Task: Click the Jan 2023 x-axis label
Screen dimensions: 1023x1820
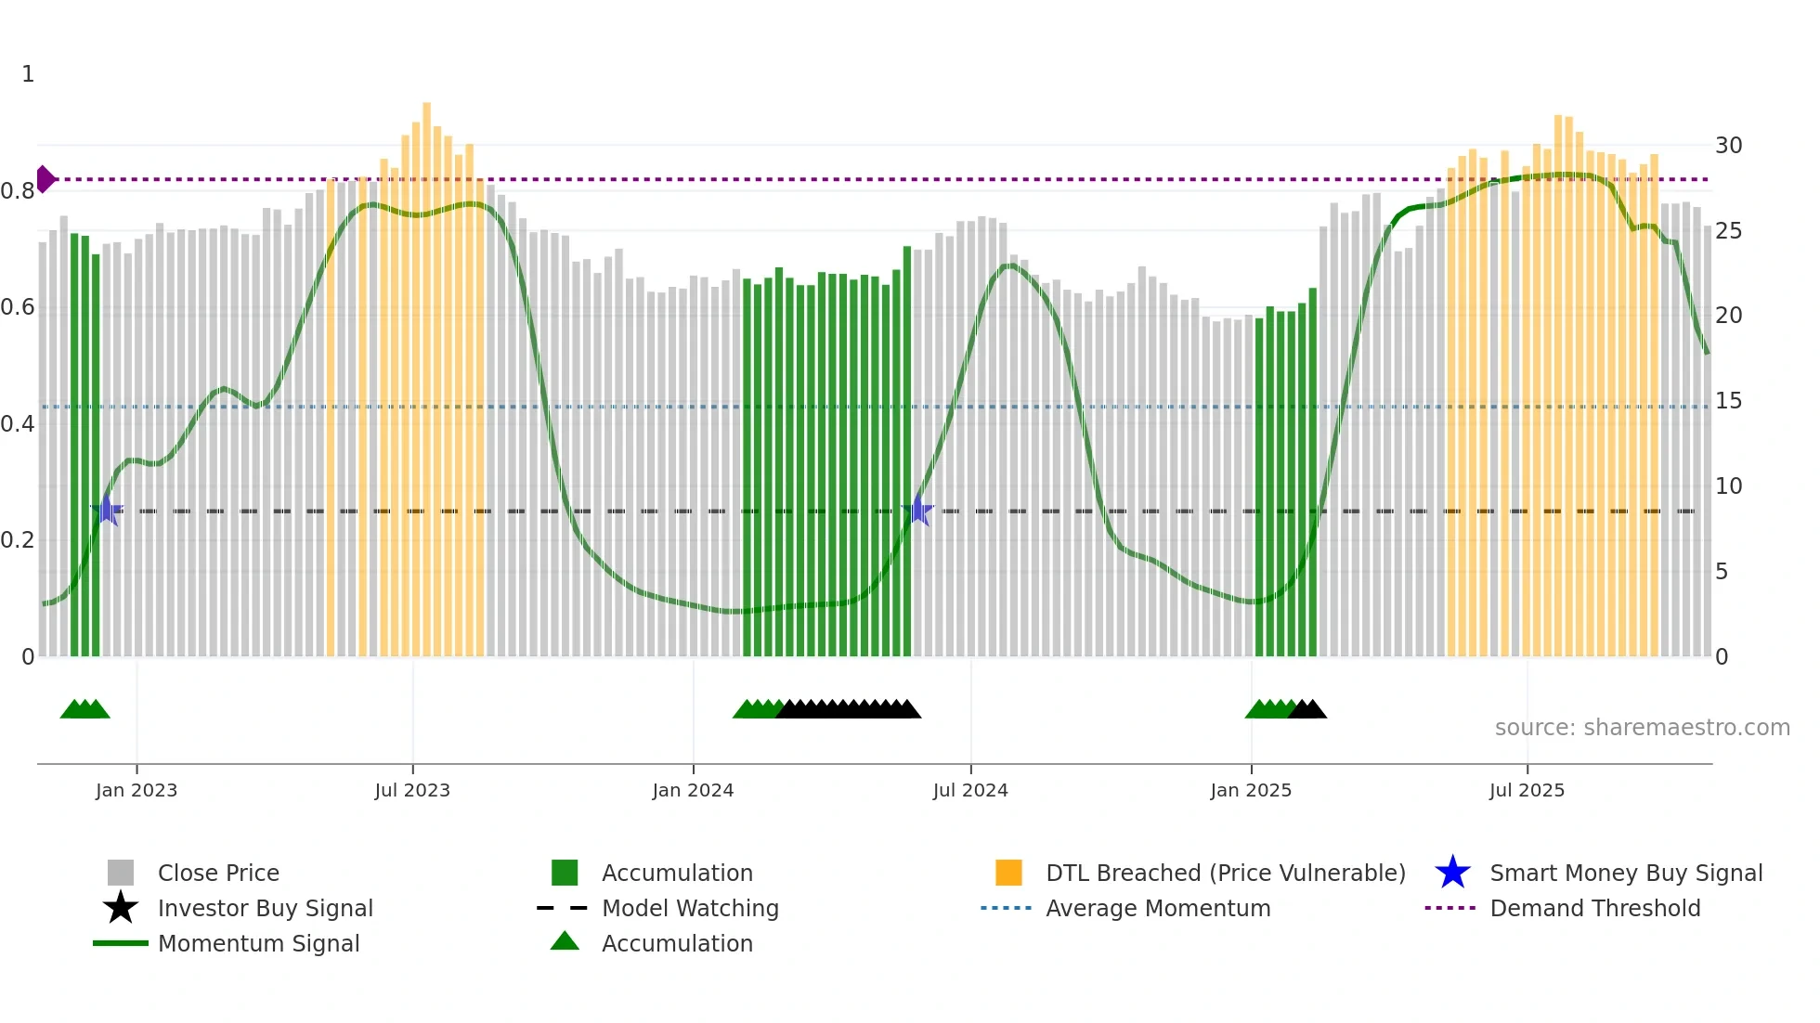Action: tap(136, 790)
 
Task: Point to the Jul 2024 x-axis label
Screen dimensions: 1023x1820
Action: tap(970, 790)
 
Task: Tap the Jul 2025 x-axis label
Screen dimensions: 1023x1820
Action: tap(1527, 790)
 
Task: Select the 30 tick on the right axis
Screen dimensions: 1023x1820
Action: tap(1728, 146)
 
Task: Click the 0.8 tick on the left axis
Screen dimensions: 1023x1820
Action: tap(19, 191)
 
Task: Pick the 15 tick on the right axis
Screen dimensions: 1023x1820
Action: tap(1728, 401)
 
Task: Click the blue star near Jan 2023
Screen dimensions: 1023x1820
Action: tap(107, 511)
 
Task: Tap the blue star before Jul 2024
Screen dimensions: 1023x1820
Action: tap(917, 511)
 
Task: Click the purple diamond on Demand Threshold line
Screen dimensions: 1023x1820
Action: tap(45, 179)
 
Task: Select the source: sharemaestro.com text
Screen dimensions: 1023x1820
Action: tap(1642, 728)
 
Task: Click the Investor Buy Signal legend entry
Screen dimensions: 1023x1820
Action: tap(265, 908)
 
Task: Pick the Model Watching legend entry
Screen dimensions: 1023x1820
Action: tap(690, 908)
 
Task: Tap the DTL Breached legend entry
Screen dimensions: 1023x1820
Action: tap(1225, 873)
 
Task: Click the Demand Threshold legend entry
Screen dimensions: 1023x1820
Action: tap(1594, 908)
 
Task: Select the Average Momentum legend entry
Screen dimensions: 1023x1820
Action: tap(1157, 908)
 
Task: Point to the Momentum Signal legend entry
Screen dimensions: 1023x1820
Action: tap(258, 943)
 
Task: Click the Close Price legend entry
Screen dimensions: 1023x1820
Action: tap(218, 873)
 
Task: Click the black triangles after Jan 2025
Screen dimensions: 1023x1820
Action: tap(1307, 709)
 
